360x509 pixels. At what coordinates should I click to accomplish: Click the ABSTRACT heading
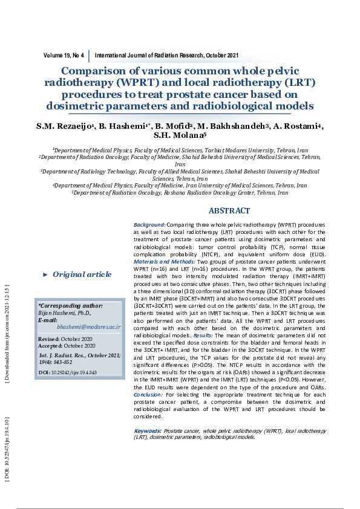[x=229, y=211]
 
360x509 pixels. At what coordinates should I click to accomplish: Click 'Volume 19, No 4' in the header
[x=64, y=55]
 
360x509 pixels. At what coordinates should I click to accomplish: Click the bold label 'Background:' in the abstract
[x=149, y=225]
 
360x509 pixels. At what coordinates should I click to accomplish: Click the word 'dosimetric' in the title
[x=81, y=106]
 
